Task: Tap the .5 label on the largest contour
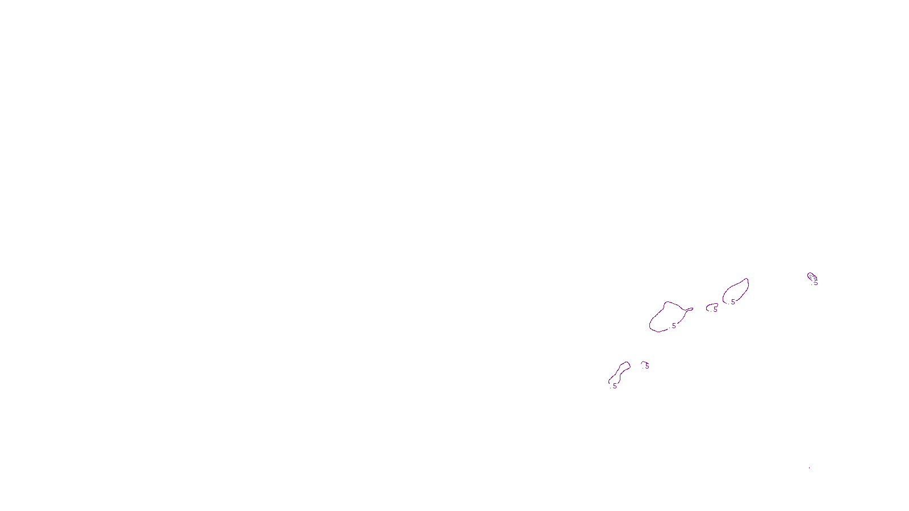tap(673, 326)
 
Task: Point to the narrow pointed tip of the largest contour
tap(691, 309)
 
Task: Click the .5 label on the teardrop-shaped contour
tap(732, 302)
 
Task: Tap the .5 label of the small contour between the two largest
tap(715, 310)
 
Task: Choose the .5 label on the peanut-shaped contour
tap(614, 386)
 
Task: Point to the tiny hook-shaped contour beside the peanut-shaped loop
tap(643, 363)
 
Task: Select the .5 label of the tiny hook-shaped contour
tap(647, 367)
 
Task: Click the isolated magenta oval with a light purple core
tap(808, 275)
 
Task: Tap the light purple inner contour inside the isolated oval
tap(812, 278)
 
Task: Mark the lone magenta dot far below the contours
tap(810, 468)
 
